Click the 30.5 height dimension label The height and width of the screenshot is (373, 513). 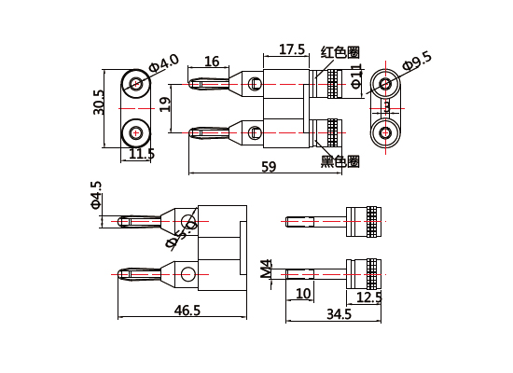click(99, 102)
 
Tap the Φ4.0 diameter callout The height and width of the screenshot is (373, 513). click(165, 63)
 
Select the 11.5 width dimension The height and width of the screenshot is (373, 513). click(141, 154)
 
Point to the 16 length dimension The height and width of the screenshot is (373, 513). click(212, 62)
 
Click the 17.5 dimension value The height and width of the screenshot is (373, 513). click(292, 49)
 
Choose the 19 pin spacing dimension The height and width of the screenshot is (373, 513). click(165, 104)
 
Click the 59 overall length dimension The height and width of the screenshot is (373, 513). click(269, 167)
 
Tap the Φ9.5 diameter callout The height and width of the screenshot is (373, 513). click(418, 61)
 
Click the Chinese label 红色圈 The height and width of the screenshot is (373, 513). click(340, 52)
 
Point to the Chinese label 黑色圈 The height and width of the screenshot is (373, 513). click(340, 161)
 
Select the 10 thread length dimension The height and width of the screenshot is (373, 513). click(303, 294)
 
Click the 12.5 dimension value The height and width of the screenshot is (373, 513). click(369, 297)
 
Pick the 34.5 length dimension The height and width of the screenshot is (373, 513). click(339, 315)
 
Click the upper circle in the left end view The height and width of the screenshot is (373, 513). click(137, 85)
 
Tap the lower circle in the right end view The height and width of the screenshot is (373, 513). click(385, 133)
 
